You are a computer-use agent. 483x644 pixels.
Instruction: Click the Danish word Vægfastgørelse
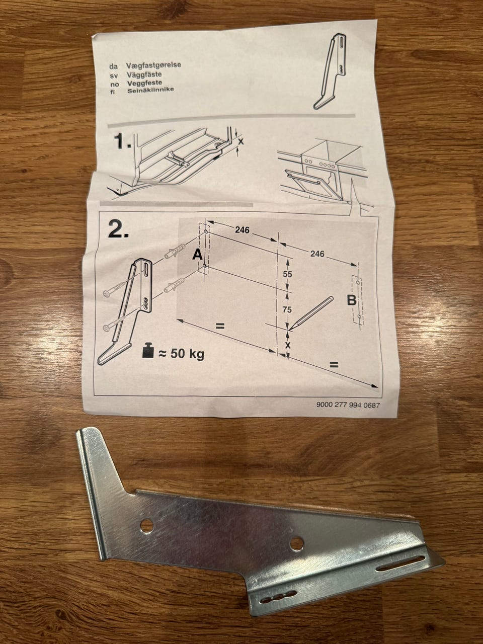153,65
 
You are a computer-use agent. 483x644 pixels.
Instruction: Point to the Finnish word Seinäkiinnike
150,90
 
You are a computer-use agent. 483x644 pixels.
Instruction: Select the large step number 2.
118,229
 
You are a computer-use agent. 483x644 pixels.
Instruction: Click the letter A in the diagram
198,255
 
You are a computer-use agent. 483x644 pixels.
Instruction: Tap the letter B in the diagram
351,300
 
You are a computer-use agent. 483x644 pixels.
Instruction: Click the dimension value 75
287,309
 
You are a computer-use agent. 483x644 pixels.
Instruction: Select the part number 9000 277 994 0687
348,405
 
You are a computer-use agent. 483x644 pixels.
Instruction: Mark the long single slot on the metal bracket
400,553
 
